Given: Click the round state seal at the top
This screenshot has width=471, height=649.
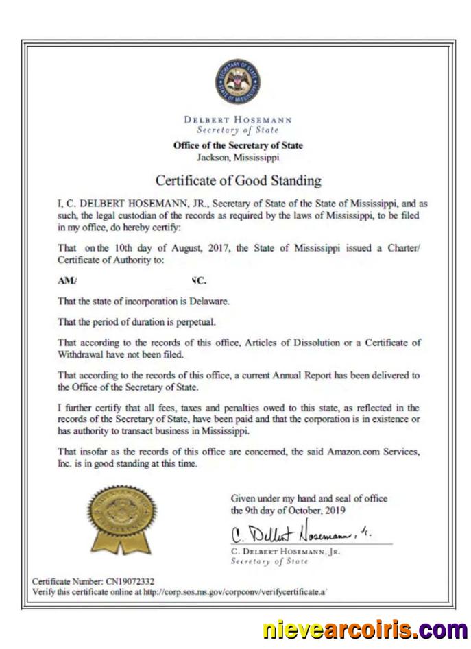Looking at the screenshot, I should coord(237,82).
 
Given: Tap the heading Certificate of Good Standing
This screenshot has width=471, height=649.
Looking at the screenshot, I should coord(238,181).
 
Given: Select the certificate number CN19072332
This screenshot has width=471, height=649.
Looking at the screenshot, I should coord(130,581).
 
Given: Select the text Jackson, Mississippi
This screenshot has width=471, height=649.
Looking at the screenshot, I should coord(238,156).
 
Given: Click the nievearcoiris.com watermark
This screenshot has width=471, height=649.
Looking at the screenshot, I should coord(365,629).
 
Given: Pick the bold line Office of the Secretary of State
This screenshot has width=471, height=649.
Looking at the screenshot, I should coord(238,145).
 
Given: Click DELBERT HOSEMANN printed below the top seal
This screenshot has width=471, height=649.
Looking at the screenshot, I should coord(238,119).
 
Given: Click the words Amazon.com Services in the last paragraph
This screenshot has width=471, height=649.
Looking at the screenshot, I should coord(359,452).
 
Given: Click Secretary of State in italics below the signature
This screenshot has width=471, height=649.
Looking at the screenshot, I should coord(269,561).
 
